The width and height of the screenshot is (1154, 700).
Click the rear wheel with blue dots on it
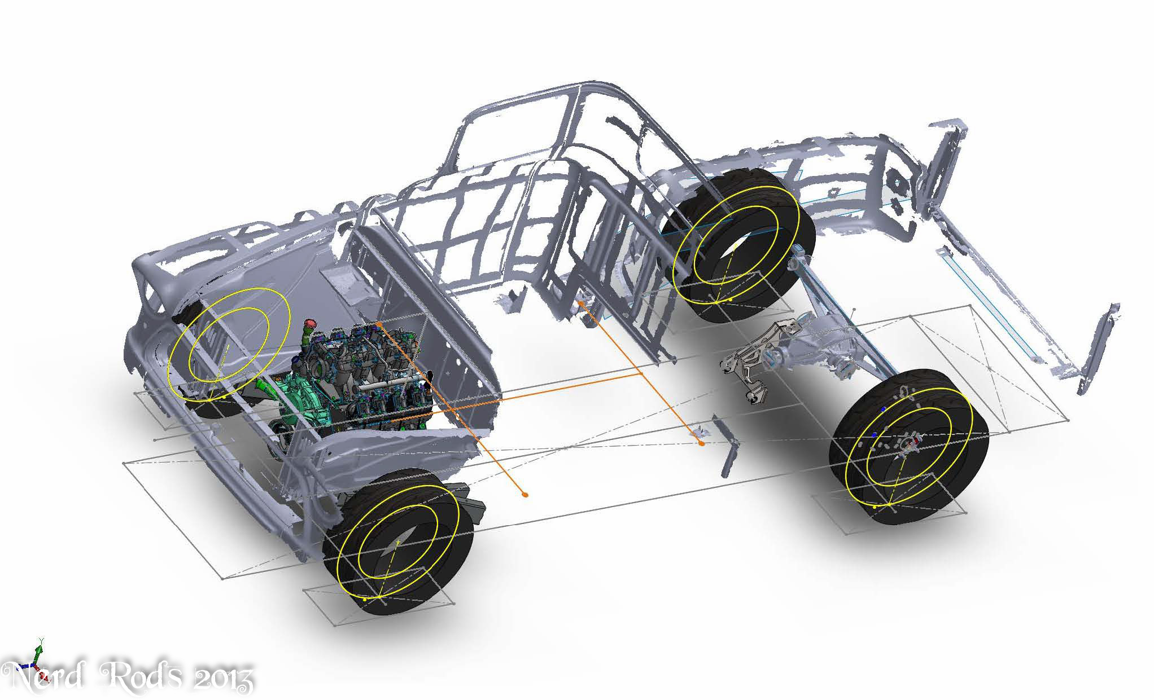(910, 445)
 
